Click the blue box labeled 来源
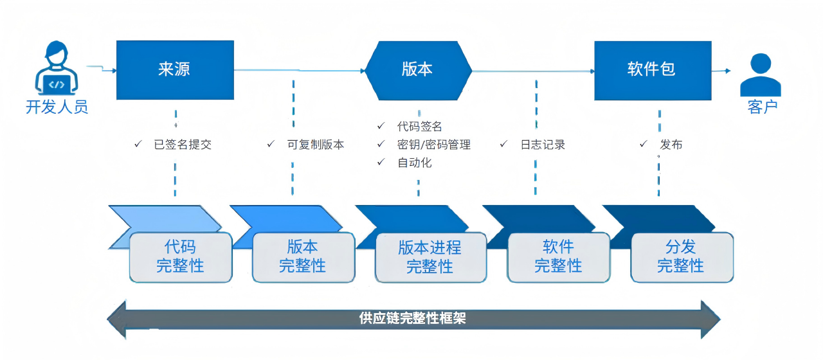point(175,70)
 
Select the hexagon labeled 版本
point(418,70)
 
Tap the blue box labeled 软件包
point(652,70)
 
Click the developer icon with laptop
point(57,69)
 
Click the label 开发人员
point(57,107)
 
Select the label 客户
point(762,107)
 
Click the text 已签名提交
point(183,145)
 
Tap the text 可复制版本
point(315,145)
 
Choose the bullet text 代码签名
point(419,127)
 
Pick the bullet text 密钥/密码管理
point(434,145)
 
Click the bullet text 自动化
point(415,163)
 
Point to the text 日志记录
point(543,145)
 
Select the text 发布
point(671,145)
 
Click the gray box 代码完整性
point(180,256)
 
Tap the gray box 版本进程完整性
point(430,257)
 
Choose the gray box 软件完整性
point(558,256)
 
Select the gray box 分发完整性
point(681,256)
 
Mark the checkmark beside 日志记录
point(503,144)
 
